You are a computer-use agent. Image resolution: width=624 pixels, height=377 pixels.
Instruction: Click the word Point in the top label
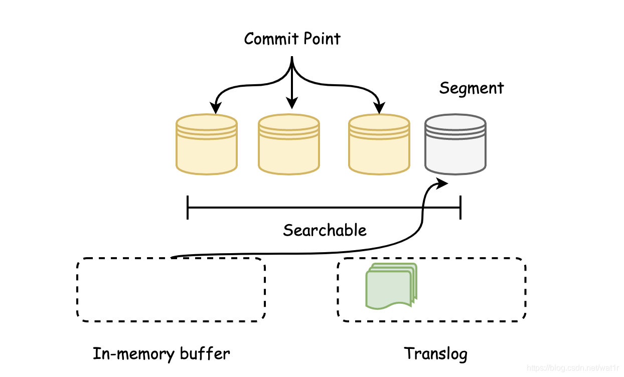(x=322, y=39)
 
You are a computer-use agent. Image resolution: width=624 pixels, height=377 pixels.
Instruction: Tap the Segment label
(x=472, y=89)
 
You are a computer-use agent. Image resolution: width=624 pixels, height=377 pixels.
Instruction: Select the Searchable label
(x=325, y=230)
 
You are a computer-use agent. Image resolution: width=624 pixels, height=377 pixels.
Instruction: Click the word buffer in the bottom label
(x=205, y=354)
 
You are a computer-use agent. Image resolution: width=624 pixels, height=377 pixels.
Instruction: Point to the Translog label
(x=436, y=354)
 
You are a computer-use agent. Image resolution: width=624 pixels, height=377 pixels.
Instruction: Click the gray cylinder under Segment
(x=455, y=144)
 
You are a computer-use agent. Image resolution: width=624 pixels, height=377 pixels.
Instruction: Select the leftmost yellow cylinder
(x=207, y=144)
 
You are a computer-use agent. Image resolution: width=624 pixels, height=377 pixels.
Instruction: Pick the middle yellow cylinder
(x=289, y=144)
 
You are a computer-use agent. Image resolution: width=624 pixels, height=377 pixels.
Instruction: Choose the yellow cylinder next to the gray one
(x=379, y=144)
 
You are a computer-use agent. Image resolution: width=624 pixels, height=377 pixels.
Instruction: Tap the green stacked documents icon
(x=391, y=286)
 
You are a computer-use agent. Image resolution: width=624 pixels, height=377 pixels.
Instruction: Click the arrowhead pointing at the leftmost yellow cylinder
(x=216, y=108)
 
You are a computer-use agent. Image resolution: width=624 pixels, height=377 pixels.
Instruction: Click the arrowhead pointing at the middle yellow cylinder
(x=292, y=103)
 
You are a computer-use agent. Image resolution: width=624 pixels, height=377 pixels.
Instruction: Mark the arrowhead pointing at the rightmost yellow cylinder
(x=379, y=108)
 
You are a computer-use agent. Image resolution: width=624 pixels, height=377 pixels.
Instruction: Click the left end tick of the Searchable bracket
(x=188, y=208)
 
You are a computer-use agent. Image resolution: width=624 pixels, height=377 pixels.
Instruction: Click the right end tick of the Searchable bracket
(x=460, y=208)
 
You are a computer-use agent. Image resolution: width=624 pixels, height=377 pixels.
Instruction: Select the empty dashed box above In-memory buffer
(x=171, y=258)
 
